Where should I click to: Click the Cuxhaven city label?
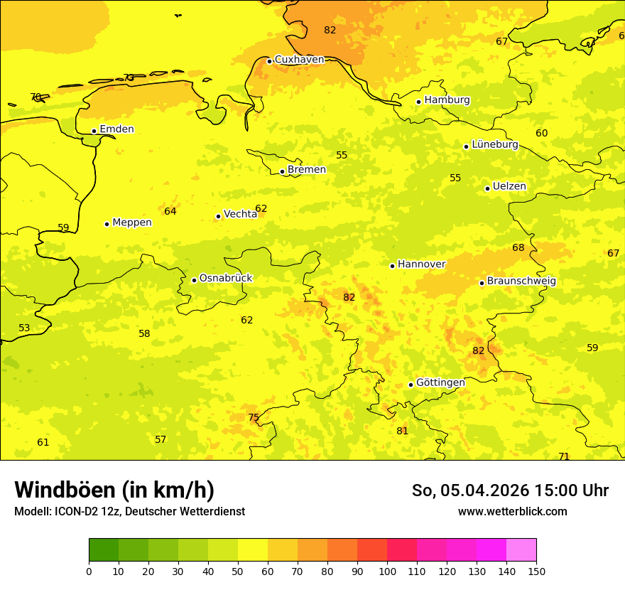[299, 60]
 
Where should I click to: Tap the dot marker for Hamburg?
[419, 102]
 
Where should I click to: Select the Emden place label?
[116, 129]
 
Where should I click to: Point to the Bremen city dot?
[282, 171]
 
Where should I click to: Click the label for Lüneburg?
[495, 144]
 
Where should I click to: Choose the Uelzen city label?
[509, 187]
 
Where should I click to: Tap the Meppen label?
[132, 222]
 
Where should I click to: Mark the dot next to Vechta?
[218, 216]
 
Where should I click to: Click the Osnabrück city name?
[226, 278]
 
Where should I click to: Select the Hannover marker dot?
[392, 266]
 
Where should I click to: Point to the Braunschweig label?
[521, 281]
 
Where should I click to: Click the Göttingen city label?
[440, 382]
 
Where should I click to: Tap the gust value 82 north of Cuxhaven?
[330, 30]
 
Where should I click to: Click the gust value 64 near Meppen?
[170, 211]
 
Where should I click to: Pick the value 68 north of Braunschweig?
[518, 247]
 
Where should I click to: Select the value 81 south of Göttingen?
[403, 431]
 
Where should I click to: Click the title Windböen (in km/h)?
[114, 490]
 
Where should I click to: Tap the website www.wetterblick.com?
[512, 511]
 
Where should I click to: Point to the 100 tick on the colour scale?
[387, 571]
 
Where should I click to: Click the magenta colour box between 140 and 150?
[521, 549]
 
